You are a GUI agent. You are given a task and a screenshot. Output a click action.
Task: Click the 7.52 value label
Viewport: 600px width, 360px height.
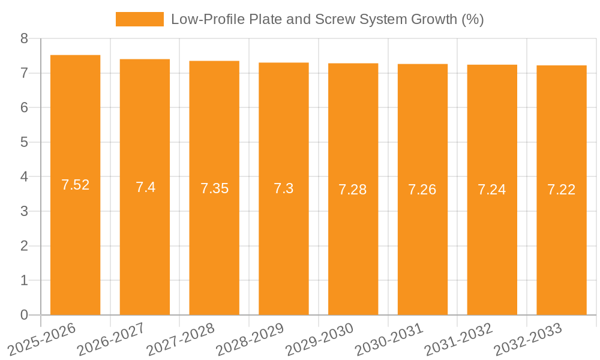click(75, 185)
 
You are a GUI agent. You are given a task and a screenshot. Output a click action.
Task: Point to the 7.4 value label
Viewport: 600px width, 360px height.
click(145, 187)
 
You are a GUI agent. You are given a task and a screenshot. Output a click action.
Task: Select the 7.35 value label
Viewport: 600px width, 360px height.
click(214, 188)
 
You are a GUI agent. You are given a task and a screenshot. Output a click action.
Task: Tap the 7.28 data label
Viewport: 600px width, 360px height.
click(353, 190)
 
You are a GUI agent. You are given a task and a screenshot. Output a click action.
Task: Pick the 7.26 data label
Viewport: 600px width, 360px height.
click(422, 190)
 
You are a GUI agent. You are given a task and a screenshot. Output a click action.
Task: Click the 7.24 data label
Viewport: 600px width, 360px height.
click(492, 190)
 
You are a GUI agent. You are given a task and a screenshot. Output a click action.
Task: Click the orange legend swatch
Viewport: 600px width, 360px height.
click(139, 19)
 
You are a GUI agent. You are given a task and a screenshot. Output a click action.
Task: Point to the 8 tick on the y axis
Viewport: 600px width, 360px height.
click(24, 38)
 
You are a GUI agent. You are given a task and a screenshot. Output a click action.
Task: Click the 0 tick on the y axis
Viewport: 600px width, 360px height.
click(24, 315)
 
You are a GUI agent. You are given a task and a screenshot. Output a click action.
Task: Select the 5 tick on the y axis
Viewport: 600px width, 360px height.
click(24, 142)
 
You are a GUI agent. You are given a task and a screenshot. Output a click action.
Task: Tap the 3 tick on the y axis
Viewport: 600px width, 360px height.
click(24, 211)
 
